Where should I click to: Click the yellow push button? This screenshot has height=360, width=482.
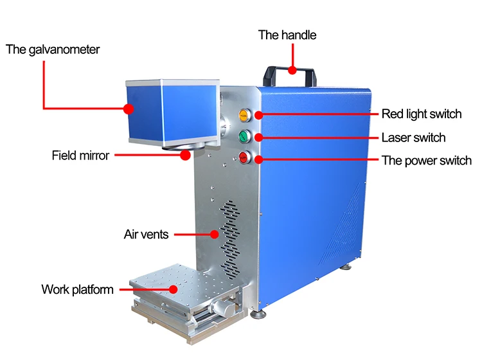point(244,116)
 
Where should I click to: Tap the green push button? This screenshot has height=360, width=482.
point(244,136)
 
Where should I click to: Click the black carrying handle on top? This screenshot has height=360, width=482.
point(289,76)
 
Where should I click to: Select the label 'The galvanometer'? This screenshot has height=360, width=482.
point(53,50)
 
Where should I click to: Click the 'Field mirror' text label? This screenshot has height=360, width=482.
point(80,156)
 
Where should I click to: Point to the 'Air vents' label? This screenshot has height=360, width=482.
point(146,234)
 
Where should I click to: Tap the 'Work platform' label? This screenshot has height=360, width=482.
point(78,289)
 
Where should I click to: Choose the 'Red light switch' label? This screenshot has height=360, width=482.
point(422,114)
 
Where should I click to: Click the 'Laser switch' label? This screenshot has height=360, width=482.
point(413,138)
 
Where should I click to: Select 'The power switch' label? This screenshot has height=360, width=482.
point(427,161)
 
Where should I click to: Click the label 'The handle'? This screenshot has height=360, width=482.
point(287,35)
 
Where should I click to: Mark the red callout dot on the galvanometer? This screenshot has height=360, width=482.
point(129,109)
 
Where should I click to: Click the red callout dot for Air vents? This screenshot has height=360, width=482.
point(214,235)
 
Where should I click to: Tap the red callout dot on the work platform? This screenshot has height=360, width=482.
point(174,289)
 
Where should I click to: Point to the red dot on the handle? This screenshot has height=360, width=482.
point(292,70)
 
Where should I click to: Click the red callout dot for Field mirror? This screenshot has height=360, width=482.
point(185,156)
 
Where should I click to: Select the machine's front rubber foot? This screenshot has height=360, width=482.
point(258,314)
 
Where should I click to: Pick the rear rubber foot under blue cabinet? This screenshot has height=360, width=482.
point(346,267)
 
